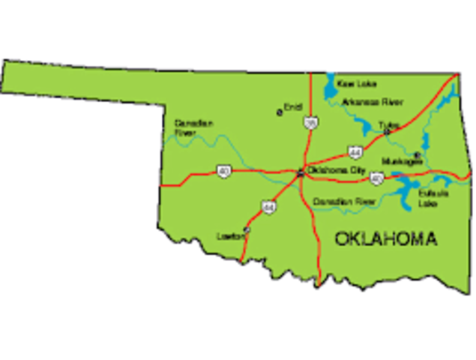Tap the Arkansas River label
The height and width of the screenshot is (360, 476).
(x=372, y=101)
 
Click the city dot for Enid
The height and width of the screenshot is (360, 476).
(x=280, y=113)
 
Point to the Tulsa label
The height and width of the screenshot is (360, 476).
(x=389, y=124)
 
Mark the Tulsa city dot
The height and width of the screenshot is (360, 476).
(x=387, y=132)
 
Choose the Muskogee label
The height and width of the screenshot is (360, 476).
(x=397, y=160)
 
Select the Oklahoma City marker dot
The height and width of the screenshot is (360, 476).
(x=301, y=172)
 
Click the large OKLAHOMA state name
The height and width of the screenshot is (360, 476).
(x=385, y=239)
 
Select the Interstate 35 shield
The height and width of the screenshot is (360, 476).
(x=310, y=121)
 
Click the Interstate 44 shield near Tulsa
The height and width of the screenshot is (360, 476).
(x=355, y=152)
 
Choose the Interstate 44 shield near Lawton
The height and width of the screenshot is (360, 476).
(x=267, y=205)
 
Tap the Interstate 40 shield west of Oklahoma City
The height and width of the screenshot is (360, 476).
(x=223, y=172)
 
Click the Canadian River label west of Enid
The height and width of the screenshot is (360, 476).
(x=193, y=127)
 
